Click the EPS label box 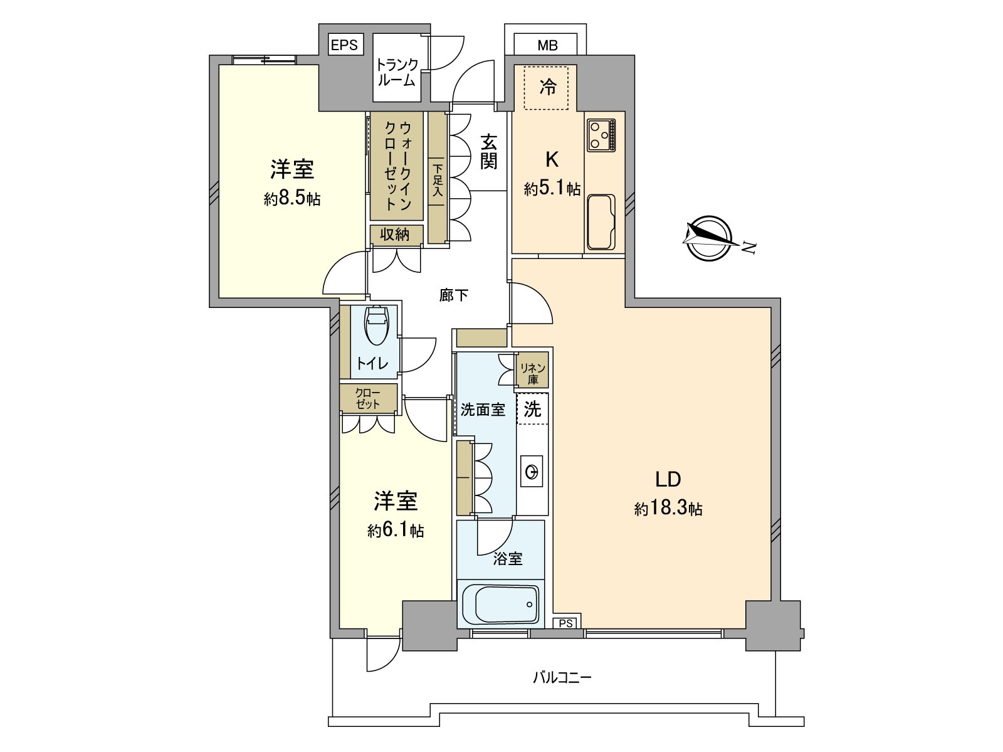click(x=345, y=45)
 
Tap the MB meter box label click(x=547, y=45)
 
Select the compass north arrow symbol click(x=710, y=238)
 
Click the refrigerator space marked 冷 click(x=547, y=87)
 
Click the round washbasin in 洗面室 click(x=532, y=472)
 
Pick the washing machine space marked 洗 click(x=532, y=409)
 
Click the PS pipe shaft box click(x=566, y=623)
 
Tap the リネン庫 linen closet click(x=533, y=373)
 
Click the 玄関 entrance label click(x=489, y=152)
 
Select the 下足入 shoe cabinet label click(x=438, y=180)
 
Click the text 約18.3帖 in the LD click(x=668, y=508)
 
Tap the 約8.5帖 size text click(x=292, y=198)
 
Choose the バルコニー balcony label click(x=562, y=677)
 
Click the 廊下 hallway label click(x=453, y=295)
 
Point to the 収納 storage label click(x=395, y=235)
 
